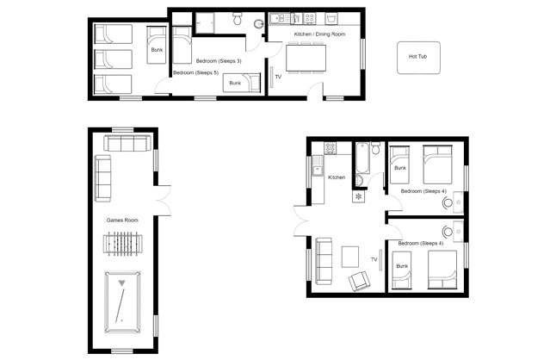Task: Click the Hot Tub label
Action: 417,57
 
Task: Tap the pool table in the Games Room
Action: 122,301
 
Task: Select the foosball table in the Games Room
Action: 123,244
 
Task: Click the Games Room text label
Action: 122,220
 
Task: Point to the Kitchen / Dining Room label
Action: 319,34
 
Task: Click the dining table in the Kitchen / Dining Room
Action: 306,58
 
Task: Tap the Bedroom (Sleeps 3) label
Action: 219,61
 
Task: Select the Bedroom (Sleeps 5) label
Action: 195,73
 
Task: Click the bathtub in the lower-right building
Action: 362,158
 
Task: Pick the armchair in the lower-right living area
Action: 359,281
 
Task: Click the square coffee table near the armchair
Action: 350,257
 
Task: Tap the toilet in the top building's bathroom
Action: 238,18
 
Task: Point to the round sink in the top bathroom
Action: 259,24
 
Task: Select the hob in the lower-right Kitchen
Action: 330,148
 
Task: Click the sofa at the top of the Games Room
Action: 127,144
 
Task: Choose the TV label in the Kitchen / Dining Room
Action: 278,77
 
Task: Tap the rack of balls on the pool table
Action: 122,282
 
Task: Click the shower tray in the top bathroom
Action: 205,22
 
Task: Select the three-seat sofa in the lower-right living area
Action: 324,261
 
